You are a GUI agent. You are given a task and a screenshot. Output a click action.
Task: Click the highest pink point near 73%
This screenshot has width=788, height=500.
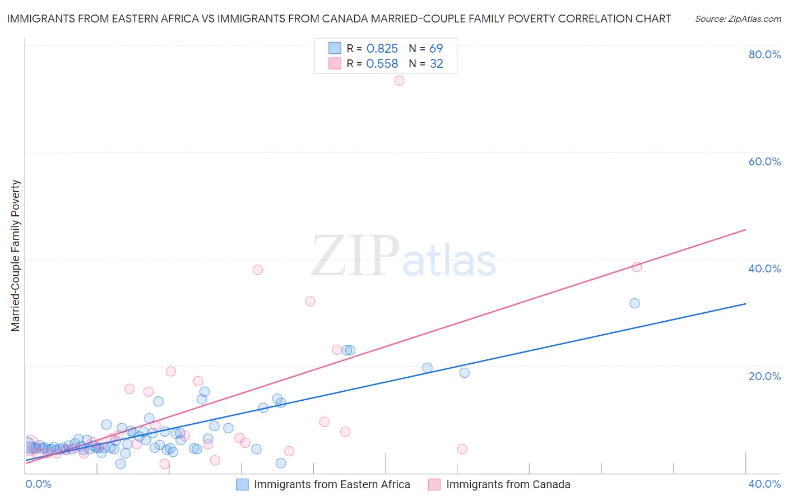[x=399, y=81]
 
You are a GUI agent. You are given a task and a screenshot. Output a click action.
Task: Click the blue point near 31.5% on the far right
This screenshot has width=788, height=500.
[x=634, y=303]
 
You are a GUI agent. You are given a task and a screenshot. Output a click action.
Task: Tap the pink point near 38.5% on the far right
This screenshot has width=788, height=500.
[x=637, y=267]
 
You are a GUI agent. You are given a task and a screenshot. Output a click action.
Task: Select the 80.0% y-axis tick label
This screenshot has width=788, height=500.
[x=764, y=54]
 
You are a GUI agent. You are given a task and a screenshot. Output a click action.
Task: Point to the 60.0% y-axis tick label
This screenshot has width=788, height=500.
[x=764, y=161]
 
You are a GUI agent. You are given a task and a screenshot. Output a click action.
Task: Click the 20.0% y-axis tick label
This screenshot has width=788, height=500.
[x=764, y=376]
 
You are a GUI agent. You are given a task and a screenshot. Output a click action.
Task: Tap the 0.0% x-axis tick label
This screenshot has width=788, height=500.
[x=39, y=484]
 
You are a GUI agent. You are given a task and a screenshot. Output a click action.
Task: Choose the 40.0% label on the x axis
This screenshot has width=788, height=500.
[x=764, y=484]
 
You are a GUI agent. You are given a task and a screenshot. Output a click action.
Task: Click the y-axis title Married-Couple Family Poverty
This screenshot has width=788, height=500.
[x=16, y=256]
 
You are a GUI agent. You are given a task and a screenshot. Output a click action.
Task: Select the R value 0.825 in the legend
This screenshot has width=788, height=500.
[x=382, y=49]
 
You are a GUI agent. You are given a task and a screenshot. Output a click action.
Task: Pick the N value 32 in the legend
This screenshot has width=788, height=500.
[x=436, y=64]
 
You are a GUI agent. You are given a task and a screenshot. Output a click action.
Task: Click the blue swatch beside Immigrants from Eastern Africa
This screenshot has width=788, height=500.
[x=242, y=484]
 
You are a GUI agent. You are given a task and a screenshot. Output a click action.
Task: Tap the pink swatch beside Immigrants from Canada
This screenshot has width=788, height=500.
[x=434, y=484]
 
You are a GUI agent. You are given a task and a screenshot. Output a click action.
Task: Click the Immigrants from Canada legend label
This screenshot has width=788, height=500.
[x=508, y=484]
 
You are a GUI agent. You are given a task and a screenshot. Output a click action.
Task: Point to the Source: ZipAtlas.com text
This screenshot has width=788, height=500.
[x=738, y=19]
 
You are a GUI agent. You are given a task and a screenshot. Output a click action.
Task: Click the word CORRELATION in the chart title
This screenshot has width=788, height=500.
[x=587, y=19]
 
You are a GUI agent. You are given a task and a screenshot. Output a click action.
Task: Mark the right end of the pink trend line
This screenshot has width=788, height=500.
[x=745, y=229]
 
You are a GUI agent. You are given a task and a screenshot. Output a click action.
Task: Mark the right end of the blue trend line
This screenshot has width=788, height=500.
[x=745, y=303]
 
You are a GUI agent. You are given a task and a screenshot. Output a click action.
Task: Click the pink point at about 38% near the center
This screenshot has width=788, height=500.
[x=258, y=270]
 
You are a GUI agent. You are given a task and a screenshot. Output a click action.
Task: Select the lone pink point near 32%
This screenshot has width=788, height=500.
[x=310, y=301]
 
